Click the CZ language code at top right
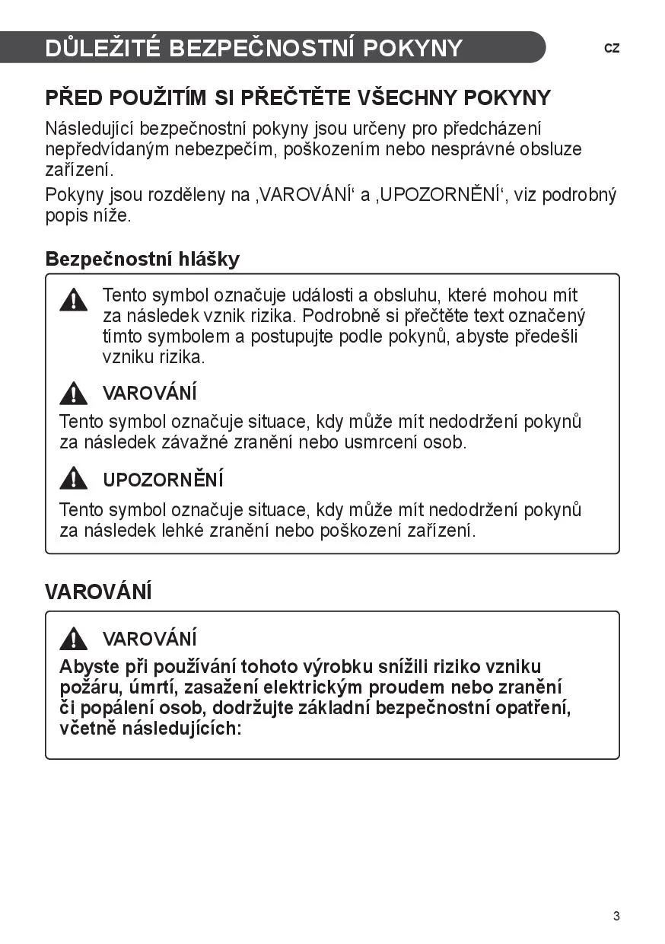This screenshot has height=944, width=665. (612, 48)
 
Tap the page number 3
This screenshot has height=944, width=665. (616, 916)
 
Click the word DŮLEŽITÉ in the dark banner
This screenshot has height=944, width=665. (103, 48)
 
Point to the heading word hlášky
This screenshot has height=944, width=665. (209, 259)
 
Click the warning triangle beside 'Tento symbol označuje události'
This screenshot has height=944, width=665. (74, 300)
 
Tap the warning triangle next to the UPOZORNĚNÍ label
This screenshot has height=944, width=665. (74, 479)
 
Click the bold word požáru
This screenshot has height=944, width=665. (86, 687)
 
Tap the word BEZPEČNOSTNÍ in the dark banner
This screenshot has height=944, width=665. (262, 48)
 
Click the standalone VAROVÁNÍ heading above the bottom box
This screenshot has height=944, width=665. (98, 592)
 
